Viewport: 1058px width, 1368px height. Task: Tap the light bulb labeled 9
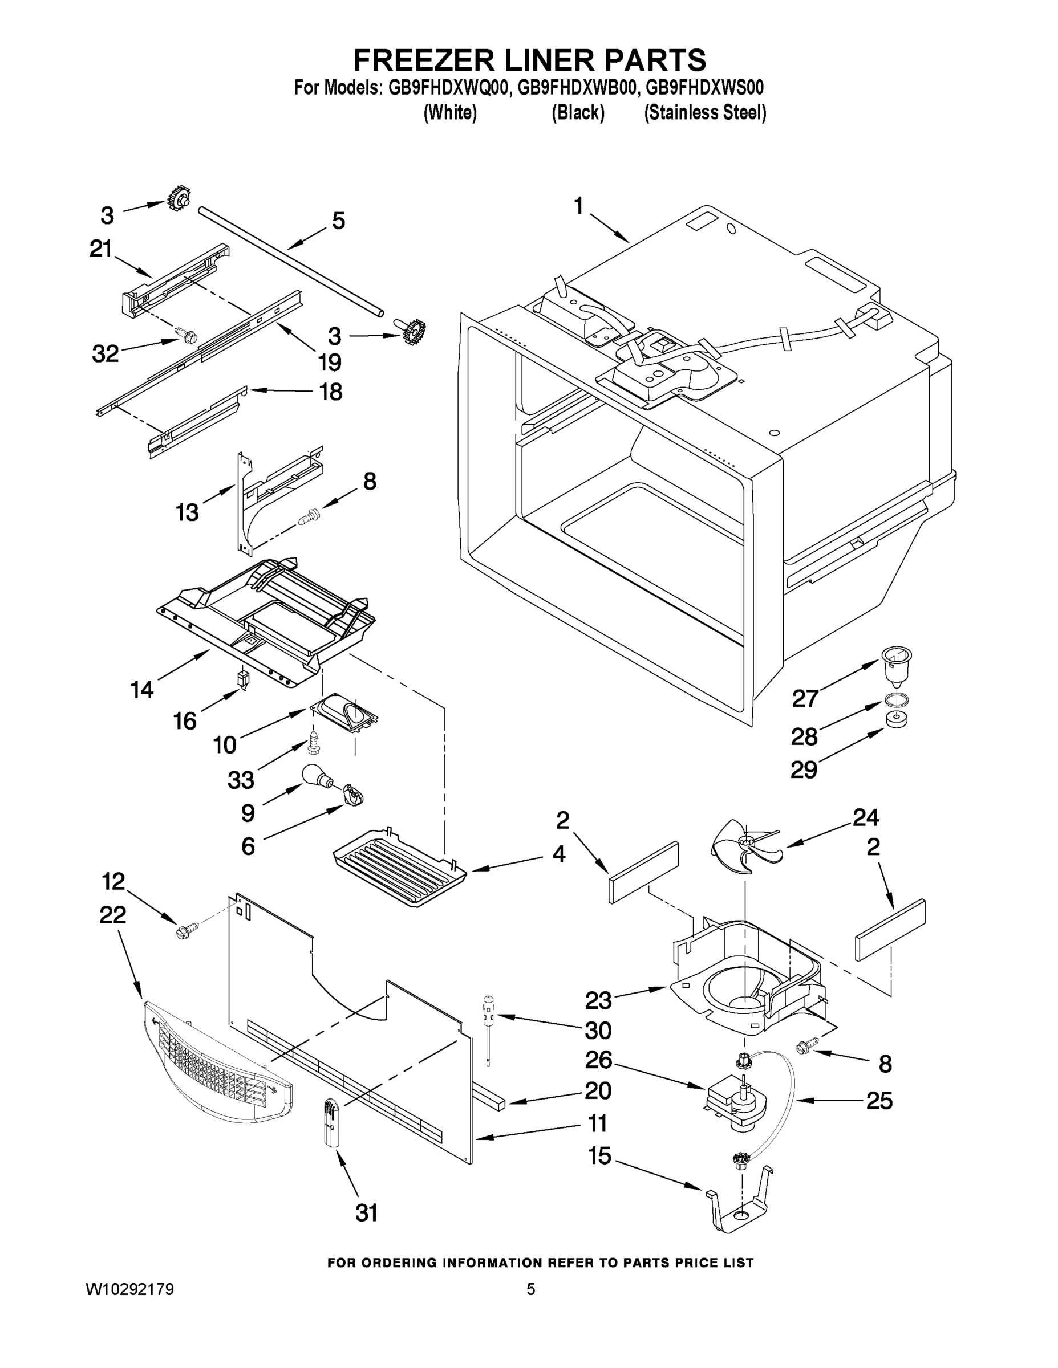(x=315, y=777)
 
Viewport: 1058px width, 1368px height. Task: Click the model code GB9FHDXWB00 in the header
(x=577, y=87)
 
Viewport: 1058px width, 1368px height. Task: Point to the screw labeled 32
(x=186, y=336)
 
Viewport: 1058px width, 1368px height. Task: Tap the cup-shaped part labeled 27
(x=896, y=665)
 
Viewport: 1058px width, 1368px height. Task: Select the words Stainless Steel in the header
(x=706, y=113)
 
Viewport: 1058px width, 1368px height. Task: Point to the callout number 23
(x=598, y=1000)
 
